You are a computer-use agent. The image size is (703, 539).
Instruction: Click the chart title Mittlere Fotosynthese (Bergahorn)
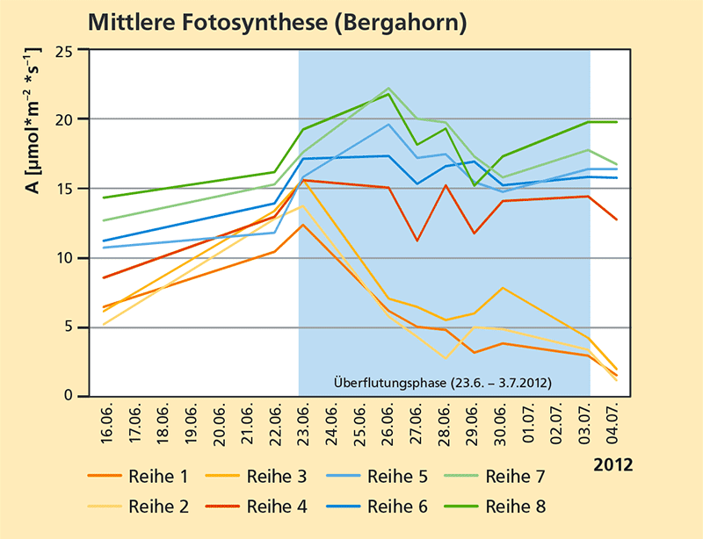(x=277, y=21)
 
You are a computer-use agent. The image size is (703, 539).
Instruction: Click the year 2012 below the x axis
(x=611, y=464)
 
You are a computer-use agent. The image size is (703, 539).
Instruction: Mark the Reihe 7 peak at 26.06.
(x=388, y=89)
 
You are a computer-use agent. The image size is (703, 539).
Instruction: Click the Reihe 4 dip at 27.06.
(x=417, y=241)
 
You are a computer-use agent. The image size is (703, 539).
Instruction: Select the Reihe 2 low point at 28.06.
(x=446, y=358)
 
